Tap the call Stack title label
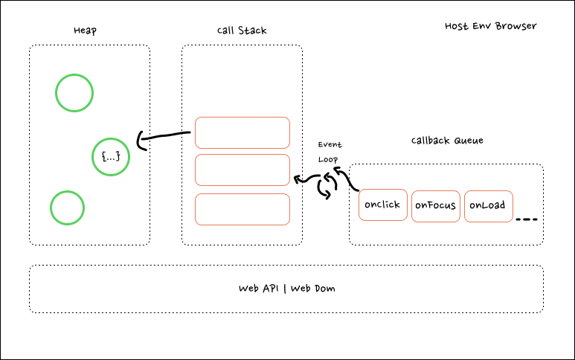click(242, 30)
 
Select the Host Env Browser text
click(490, 26)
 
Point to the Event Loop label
click(330, 151)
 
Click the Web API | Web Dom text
click(286, 288)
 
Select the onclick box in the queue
click(383, 205)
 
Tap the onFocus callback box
click(435, 206)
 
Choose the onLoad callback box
click(489, 206)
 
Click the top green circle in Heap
click(74, 93)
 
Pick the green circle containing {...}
click(110, 157)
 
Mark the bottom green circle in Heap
click(68, 208)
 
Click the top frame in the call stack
click(242, 132)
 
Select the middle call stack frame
click(242, 170)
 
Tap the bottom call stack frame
click(242, 208)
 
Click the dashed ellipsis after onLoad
click(526, 219)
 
